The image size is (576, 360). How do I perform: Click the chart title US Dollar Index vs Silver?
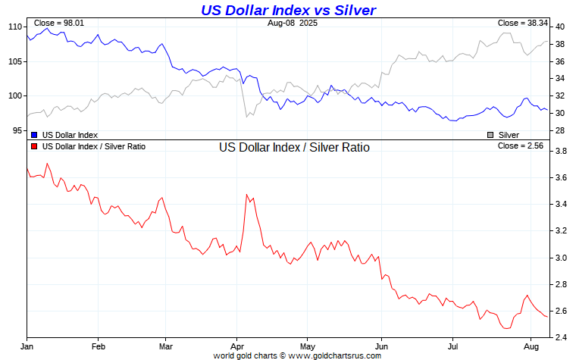coord(288,10)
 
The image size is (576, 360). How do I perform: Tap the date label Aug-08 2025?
coord(288,23)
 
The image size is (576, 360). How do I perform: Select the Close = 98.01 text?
coord(59,23)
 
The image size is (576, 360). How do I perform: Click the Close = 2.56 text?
coord(524,146)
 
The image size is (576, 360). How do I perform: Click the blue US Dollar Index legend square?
coord(35,134)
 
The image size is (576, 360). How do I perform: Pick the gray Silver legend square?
coord(490,134)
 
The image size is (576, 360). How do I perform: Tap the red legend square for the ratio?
coord(35,146)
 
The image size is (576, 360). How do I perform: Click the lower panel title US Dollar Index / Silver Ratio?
coord(294,148)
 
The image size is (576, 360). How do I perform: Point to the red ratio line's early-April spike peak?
coord(247,195)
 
